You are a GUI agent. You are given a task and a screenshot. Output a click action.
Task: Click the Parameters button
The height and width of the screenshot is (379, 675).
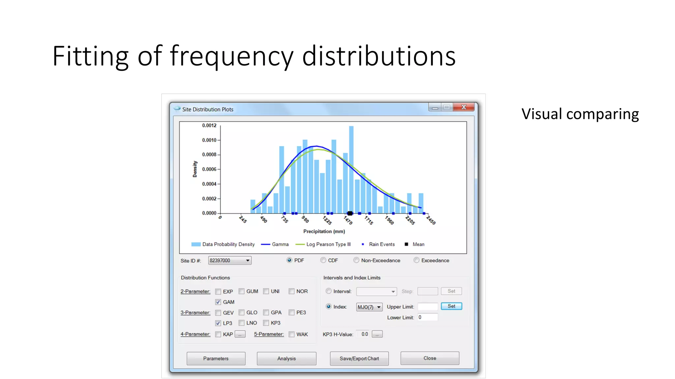pos(216,358)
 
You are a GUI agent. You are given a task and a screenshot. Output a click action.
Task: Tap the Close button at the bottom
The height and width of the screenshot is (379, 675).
pos(429,358)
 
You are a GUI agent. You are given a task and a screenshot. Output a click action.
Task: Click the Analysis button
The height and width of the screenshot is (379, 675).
pos(286,358)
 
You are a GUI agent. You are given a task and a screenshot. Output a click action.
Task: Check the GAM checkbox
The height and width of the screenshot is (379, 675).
pos(218,302)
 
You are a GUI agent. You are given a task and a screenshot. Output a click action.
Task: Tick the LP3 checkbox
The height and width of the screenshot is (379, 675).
pos(218,323)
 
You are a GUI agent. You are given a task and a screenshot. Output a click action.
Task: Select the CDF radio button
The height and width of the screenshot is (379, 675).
pos(323,260)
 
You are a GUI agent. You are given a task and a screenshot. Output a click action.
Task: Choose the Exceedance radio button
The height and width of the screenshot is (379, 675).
pos(417,260)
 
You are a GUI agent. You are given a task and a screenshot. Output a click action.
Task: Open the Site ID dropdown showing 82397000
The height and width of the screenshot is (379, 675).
pos(230,261)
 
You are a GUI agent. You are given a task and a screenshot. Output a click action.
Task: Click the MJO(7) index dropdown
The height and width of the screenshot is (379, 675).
pos(369,307)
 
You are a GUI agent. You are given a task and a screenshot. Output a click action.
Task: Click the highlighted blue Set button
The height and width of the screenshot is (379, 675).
pos(451,306)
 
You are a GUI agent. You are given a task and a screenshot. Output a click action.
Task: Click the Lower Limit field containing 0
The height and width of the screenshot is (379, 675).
pos(427,317)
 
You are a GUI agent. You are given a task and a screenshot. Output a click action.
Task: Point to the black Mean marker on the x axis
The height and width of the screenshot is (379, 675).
pos(350,213)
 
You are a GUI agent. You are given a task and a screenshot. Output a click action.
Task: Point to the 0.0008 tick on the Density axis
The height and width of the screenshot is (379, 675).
pos(209,155)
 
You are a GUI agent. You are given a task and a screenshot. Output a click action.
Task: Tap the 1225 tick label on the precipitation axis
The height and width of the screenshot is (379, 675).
pos(327,220)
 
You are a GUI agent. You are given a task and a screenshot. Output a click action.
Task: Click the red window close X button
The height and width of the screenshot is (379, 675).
pos(464,107)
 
